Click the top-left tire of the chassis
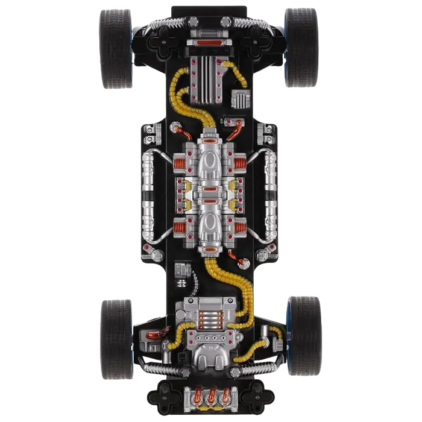[115, 48]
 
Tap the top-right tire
[301, 48]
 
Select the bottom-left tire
[115, 336]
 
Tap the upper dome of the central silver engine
[209, 163]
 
